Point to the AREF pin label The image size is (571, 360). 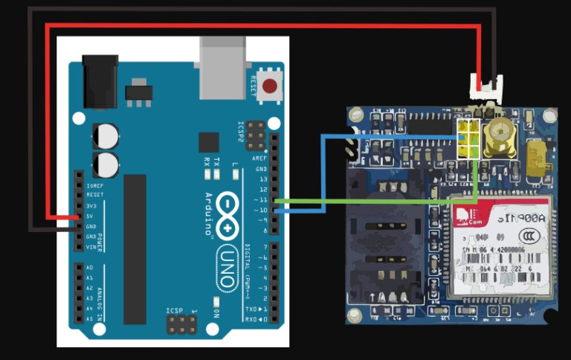coord(259,158)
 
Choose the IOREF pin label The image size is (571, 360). coord(94,184)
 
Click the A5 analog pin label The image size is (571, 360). coord(90,318)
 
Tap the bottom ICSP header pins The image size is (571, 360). coord(182,324)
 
